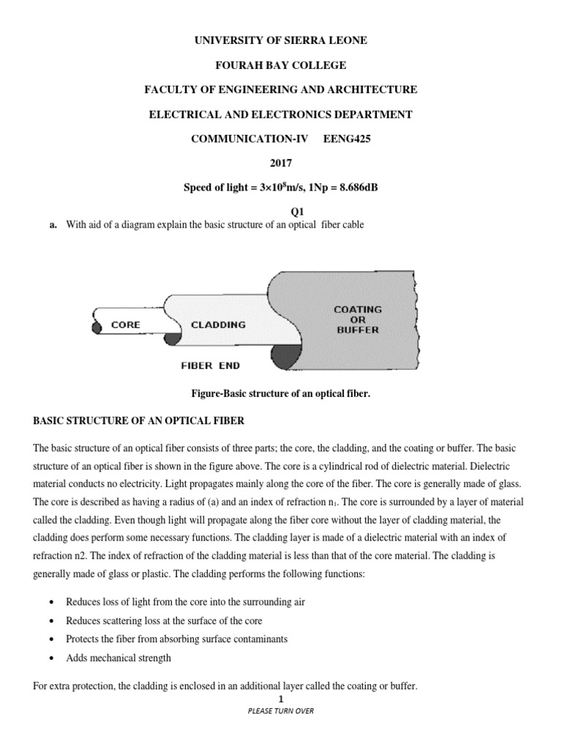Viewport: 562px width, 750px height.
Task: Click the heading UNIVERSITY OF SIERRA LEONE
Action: (x=280, y=40)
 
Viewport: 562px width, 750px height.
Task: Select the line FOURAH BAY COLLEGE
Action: (x=280, y=65)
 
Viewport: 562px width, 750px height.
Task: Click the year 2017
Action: (x=280, y=163)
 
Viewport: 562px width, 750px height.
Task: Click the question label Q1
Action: (x=280, y=211)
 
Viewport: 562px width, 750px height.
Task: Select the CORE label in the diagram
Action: (x=127, y=324)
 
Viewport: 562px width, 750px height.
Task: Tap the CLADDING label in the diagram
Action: (x=218, y=324)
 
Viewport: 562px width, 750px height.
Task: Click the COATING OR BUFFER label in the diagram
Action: (x=357, y=319)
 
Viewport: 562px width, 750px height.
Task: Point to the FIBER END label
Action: (x=210, y=364)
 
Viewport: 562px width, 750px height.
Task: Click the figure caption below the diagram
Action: (x=280, y=394)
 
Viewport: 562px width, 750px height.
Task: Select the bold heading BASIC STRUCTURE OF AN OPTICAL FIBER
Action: (x=139, y=421)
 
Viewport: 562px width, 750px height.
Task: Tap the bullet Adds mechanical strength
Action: (x=119, y=658)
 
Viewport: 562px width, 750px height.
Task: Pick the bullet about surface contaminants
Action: (x=176, y=639)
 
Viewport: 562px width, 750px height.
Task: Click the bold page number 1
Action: (x=280, y=699)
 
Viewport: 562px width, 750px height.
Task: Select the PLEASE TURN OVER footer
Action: (x=280, y=711)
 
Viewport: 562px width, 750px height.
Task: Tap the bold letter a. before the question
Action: (x=53, y=225)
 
